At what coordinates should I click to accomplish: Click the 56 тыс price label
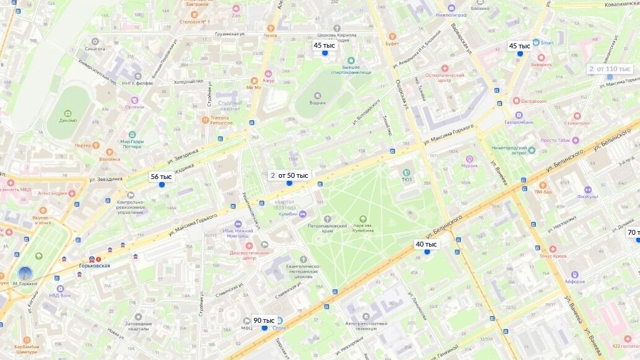pyautogui.click(x=161, y=177)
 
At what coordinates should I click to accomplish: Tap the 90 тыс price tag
pyautogui.click(x=264, y=320)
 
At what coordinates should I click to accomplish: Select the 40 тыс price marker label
pyautogui.click(x=426, y=244)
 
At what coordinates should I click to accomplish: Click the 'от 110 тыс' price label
pyautogui.click(x=614, y=69)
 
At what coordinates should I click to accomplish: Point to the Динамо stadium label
pyautogui.click(x=68, y=120)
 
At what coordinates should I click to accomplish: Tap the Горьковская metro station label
pyautogui.click(x=94, y=265)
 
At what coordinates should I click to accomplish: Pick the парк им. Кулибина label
pyautogui.click(x=363, y=229)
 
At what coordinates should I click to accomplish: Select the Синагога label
pyautogui.click(x=94, y=48)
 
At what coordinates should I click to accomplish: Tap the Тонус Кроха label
pyautogui.click(x=553, y=256)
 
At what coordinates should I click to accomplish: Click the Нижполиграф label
pyautogui.click(x=450, y=14)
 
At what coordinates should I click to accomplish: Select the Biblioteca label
pyautogui.click(x=108, y=159)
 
